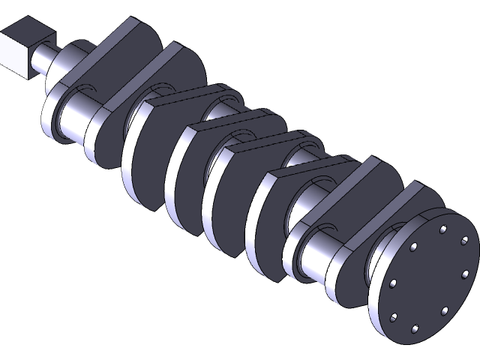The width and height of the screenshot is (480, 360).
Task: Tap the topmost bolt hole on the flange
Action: click(x=443, y=228)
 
